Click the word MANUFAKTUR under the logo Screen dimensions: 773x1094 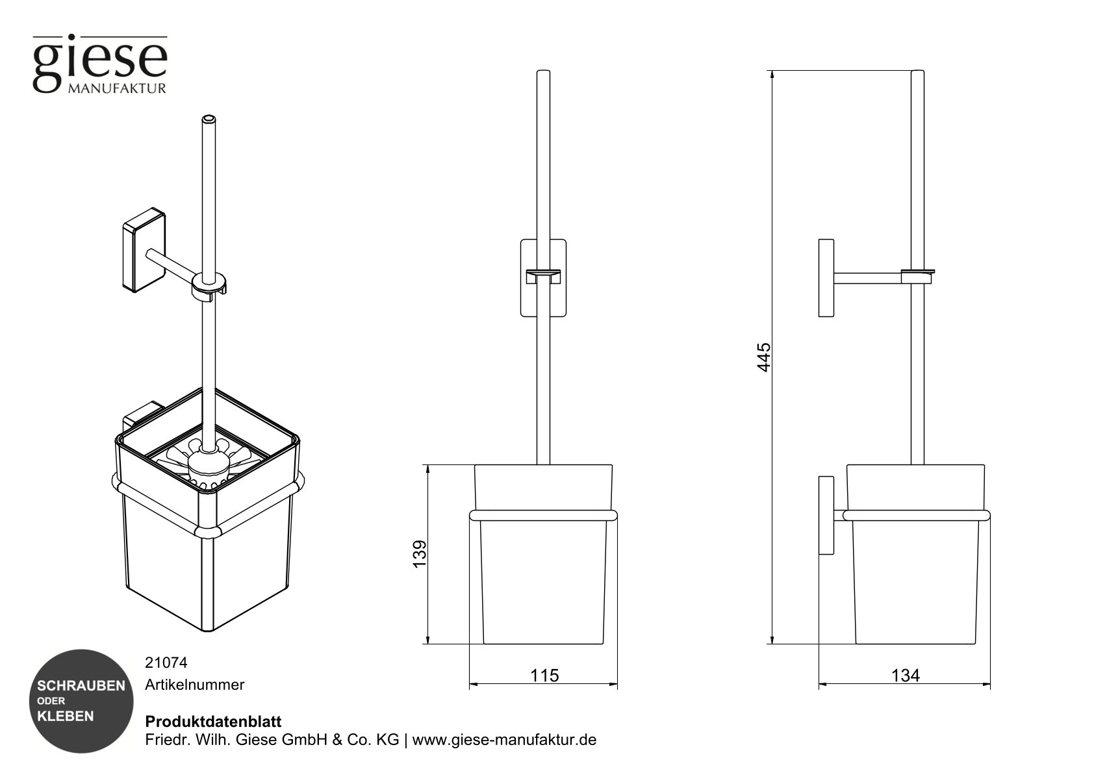(x=117, y=88)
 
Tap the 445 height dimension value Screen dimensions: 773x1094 (x=765, y=357)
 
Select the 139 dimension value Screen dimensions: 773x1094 (x=420, y=554)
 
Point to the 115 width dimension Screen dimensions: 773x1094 (x=544, y=676)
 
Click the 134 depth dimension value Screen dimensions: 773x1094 (x=905, y=676)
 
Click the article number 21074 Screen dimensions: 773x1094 (x=166, y=663)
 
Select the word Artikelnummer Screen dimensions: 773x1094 (x=195, y=685)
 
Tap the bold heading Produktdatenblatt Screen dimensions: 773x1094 (x=213, y=722)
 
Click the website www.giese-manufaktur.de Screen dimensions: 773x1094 (x=504, y=740)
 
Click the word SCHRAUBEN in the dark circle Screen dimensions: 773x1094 (x=81, y=686)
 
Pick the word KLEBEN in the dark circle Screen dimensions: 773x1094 (x=66, y=716)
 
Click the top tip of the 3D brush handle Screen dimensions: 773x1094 (x=208, y=120)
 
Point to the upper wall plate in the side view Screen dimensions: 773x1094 (x=826, y=278)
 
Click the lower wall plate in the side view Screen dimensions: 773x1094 (x=826, y=515)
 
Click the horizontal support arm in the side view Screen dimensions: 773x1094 (x=867, y=278)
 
